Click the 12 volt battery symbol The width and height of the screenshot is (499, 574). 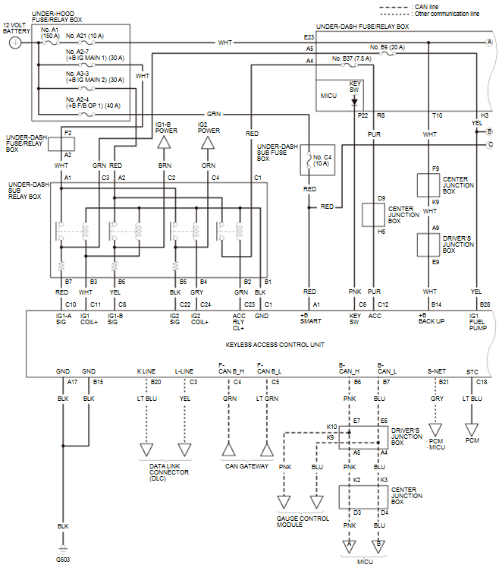click(x=15, y=43)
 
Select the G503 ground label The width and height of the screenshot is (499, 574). click(x=63, y=559)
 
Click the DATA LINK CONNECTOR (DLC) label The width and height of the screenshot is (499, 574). click(x=168, y=472)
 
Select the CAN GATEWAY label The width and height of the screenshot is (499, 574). click(x=247, y=466)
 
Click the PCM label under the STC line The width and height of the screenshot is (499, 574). click(x=472, y=440)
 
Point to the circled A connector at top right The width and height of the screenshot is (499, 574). click(x=489, y=43)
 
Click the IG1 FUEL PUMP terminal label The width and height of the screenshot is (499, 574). click(x=475, y=318)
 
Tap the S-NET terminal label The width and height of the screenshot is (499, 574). click(x=435, y=372)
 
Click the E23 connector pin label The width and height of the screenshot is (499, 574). click(x=309, y=37)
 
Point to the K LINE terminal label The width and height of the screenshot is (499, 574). click(x=146, y=372)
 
